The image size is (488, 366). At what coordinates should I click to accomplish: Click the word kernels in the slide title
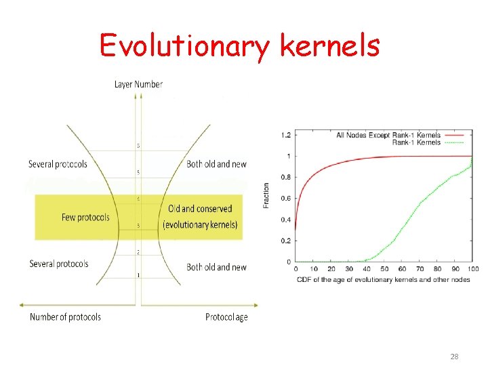[329, 45]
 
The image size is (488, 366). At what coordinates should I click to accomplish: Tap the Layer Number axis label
[138, 84]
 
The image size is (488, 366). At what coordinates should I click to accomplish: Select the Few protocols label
[85, 218]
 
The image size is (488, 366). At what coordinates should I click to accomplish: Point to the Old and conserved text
[200, 209]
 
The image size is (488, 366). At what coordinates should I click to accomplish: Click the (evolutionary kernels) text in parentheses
[201, 225]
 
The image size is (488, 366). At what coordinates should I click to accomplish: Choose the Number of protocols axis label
[65, 317]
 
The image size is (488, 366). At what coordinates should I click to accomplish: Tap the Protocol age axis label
[226, 317]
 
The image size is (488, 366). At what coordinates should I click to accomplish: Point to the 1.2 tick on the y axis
[286, 136]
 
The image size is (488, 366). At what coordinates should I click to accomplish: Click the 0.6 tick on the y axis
[286, 199]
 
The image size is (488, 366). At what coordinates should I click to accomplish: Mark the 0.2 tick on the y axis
[286, 241]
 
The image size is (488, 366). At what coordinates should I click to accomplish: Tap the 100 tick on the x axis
[472, 269]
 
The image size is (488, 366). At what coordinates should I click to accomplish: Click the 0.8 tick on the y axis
[286, 178]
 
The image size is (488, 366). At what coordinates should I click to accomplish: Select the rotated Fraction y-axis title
[266, 195]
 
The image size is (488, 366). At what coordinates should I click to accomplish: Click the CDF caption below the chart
[383, 279]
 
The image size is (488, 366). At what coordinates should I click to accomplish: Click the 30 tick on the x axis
[348, 269]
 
